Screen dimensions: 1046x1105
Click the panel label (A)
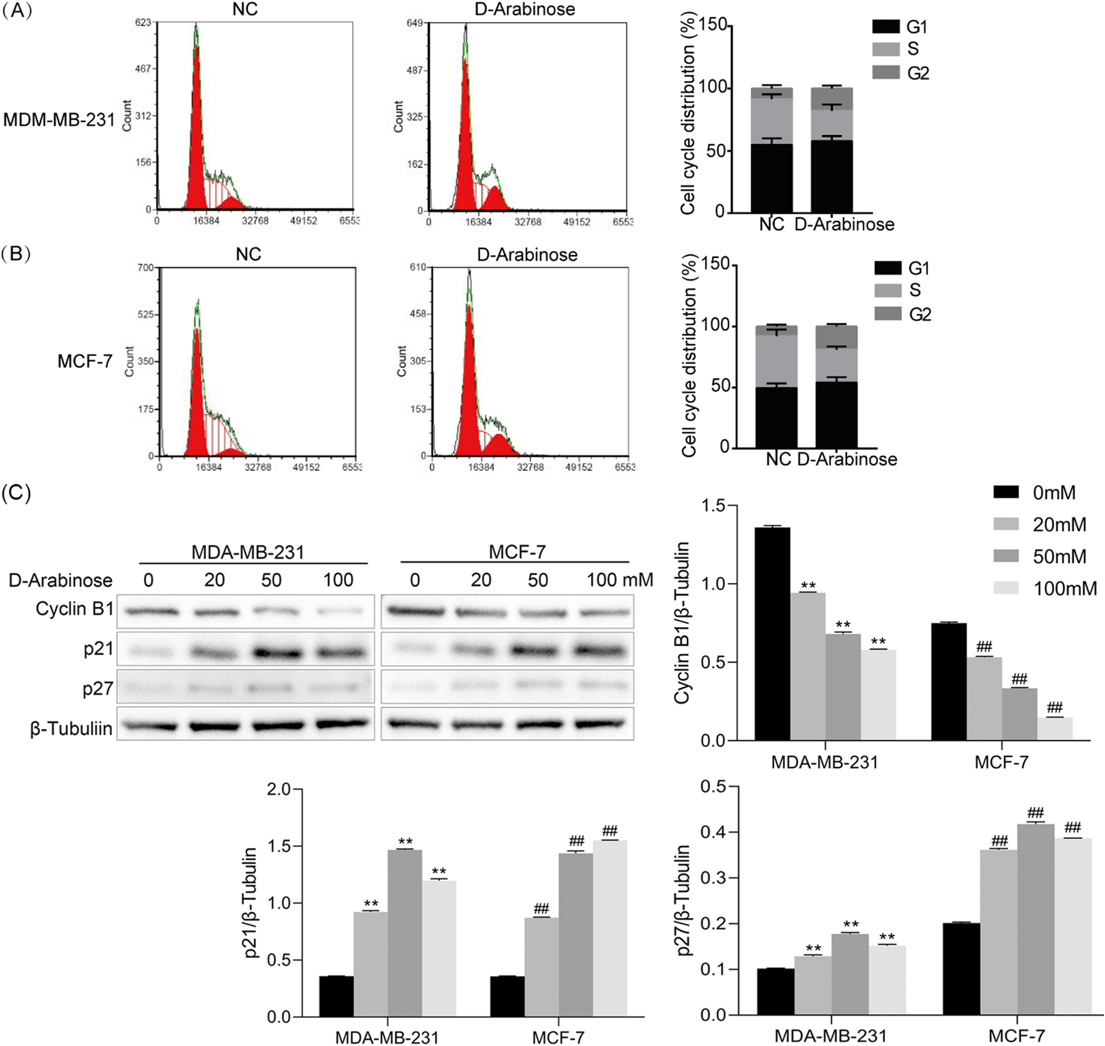point(17,10)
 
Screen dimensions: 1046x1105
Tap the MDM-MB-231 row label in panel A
point(59,120)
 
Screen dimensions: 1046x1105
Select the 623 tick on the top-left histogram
point(143,23)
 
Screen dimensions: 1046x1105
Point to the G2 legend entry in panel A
point(901,73)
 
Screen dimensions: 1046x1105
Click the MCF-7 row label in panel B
point(85,361)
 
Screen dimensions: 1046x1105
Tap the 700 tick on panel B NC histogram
point(145,268)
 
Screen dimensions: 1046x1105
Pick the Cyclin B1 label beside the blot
point(74,609)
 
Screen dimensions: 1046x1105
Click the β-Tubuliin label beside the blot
point(71,728)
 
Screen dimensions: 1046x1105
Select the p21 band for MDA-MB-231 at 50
point(272,651)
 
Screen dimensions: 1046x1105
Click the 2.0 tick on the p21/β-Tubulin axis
point(278,789)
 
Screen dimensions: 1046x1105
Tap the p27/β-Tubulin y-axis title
point(683,900)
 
